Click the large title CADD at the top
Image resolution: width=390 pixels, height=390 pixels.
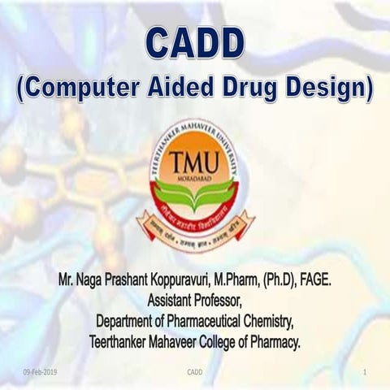pyautogui.click(x=195, y=41)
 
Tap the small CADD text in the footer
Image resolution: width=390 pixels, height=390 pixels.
pyautogui.click(x=195, y=372)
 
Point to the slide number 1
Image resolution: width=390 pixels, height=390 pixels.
pyautogui.click(x=366, y=372)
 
